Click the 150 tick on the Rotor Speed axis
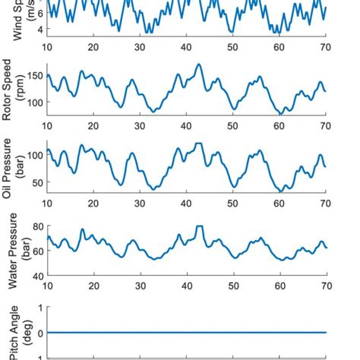(32, 77)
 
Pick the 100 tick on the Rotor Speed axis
(32, 102)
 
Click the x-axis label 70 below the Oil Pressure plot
(325, 204)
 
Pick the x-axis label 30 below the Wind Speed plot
(140, 47)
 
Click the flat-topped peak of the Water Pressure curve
(200, 226)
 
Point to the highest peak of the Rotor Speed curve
(199, 65)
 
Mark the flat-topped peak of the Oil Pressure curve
(200, 144)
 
